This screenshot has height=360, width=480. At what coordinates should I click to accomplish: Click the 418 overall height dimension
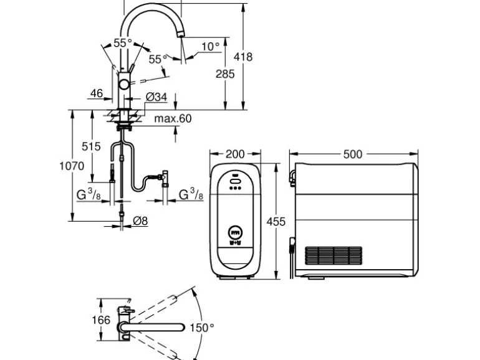point(243,57)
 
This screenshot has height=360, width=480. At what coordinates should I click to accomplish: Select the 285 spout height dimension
point(225,74)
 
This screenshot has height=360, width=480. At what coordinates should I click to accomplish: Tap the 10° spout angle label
point(210,47)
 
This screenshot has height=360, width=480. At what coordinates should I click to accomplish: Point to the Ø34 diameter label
point(156,97)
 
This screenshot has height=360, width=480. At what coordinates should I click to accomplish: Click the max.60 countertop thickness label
point(173,118)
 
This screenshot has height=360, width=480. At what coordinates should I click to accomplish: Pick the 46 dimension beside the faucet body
point(97,93)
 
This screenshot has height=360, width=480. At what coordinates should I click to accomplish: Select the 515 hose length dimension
point(91,146)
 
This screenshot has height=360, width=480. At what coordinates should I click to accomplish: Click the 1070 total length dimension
point(72,166)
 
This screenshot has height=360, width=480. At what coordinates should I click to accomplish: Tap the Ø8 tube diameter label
point(140,220)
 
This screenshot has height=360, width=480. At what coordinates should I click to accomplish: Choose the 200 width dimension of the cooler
point(235,154)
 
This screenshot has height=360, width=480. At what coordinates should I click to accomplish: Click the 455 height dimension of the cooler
point(276,222)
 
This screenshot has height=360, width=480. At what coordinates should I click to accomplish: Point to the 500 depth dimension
point(353,154)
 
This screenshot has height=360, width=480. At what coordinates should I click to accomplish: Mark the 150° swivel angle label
point(202,328)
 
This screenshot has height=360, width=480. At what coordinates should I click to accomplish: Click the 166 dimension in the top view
point(101,320)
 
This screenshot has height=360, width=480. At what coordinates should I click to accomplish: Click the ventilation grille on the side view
point(334,256)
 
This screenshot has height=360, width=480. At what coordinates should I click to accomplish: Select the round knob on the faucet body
point(124,84)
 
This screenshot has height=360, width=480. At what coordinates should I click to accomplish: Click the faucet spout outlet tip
point(181,36)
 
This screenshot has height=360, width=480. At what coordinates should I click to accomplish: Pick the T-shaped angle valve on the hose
point(165,179)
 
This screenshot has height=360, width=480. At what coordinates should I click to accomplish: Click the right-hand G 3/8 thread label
point(191,194)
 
